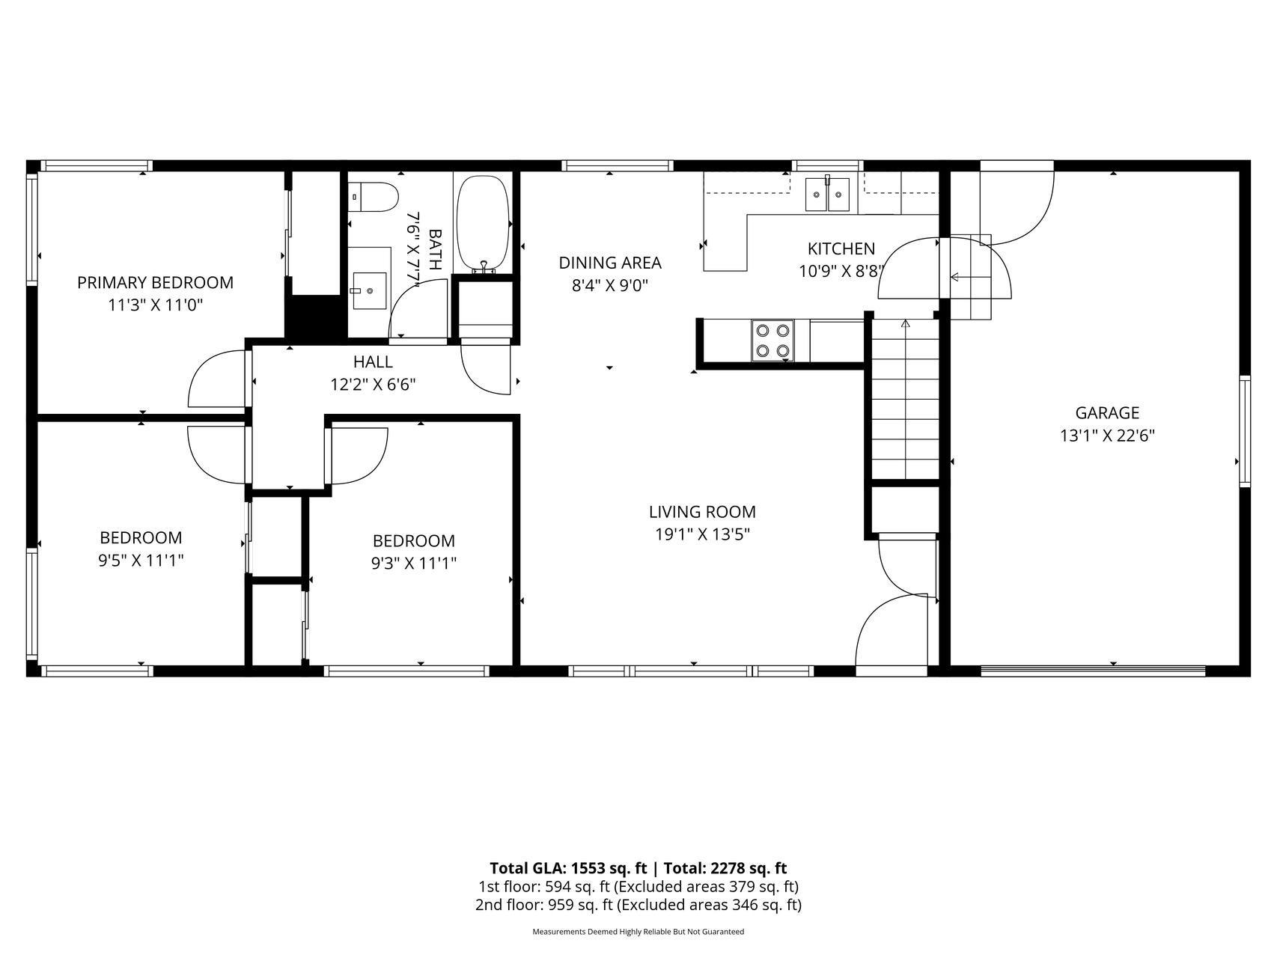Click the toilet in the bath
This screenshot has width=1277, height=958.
tap(374, 197)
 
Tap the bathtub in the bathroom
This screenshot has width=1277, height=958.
tap(484, 223)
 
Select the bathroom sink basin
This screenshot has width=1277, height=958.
tap(369, 290)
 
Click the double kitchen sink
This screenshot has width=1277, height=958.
tap(827, 194)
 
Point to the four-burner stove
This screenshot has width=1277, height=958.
tap(773, 341)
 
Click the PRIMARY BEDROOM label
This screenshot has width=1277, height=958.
tap(156, 283)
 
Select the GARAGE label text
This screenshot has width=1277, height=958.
tap(1107, 413)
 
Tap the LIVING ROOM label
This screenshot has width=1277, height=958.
tap(702, 512)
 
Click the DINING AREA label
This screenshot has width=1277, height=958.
tap(610, 263)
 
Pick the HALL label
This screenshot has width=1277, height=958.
tap(373, 362)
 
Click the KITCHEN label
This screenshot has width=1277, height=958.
tap(841, 248)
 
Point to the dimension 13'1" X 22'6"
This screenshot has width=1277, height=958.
tap(1107, 436)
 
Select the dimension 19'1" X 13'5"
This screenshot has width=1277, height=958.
tap(702, 534)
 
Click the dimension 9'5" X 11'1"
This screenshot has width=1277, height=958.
tap(141, 560)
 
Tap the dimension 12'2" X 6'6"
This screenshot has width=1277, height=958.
tap(373, 385)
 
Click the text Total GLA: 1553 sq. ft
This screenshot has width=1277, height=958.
tap(568, 868)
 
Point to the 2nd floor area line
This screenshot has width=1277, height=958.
tap(638, 905)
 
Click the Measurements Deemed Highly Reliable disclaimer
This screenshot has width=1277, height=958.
tap(638, 932)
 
